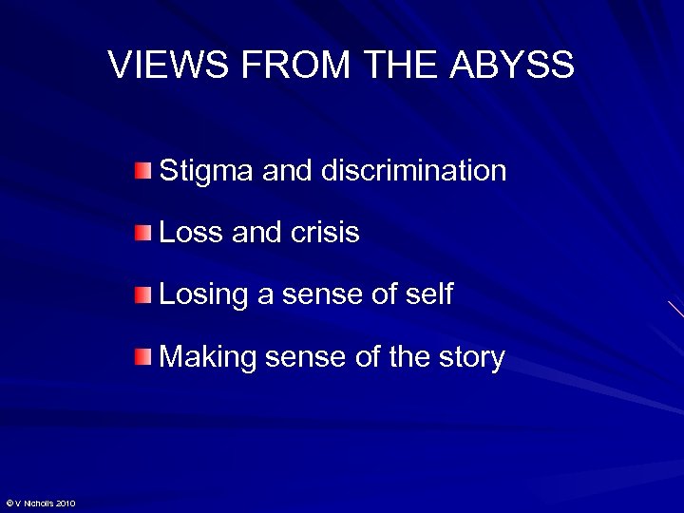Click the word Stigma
click(207, 172)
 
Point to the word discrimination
click(413, 171)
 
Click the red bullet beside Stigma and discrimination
click(142, 171)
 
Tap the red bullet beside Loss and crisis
click(142, 233)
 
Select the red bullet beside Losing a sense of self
click(142, 294)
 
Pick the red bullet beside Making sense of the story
click(142, 357)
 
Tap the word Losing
click(203, 295)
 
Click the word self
click(431, 294)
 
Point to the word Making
click(208, 358)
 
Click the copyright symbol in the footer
click(9, 503)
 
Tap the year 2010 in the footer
click(66, 503)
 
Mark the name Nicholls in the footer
click(37, 503)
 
